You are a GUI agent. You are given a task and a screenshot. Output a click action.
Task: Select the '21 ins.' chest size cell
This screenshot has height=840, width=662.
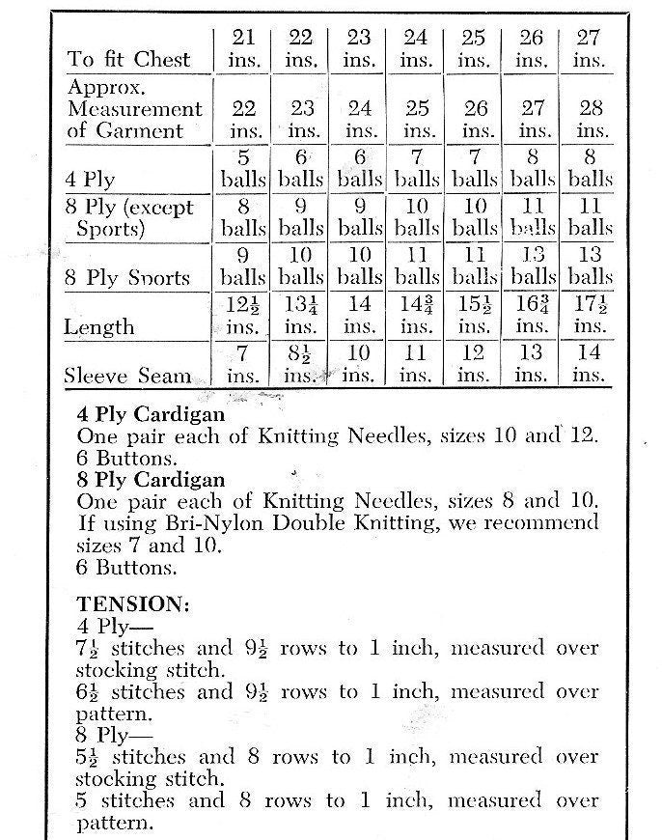pyautogui.click(x=244, y=48)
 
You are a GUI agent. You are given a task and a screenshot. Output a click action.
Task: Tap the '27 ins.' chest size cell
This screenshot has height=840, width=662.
pyautogui.click(x=589, y=48)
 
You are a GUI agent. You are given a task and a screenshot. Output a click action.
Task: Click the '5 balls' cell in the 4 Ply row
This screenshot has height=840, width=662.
pyautogui.click(x=244, y=168)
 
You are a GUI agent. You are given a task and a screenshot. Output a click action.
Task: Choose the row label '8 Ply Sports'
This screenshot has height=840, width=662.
pyautogui.click(x=127, y=278)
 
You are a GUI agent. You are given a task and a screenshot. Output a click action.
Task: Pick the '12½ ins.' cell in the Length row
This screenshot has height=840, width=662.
pyautogui.click(x=244, y=315)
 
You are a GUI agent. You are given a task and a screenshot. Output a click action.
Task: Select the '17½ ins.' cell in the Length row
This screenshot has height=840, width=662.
pyautogui.click(x=589, y=315)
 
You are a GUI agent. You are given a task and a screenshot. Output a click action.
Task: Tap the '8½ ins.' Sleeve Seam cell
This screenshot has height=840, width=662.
pyautogui.click(x=301, y=364)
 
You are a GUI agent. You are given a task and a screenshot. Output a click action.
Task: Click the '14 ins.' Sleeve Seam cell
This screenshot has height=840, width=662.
pyautogui.click(x=589, y=364)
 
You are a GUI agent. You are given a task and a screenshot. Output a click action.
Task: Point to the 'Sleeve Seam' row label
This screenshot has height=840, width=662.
pyautogui.click(x=126, y=376)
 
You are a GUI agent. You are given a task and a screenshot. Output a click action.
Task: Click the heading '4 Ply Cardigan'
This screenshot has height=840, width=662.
pyautogui.click(x=151, y=415)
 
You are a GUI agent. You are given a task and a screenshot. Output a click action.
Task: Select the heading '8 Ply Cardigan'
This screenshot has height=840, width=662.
pyautogui.click(x=151, y=480)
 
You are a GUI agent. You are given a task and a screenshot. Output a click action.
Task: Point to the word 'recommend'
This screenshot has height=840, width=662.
pyautogui.click(x=537, y=523)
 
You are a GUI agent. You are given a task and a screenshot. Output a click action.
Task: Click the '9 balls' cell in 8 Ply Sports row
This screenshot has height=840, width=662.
pyautogui.click(x=244, y=266)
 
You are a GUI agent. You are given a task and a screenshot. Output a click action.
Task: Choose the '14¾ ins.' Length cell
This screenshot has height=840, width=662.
pyautogui.click(x=416, y=315)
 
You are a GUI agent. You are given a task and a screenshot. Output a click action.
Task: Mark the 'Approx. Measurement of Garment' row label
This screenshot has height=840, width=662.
pyautogui.click(x=135, y=108)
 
